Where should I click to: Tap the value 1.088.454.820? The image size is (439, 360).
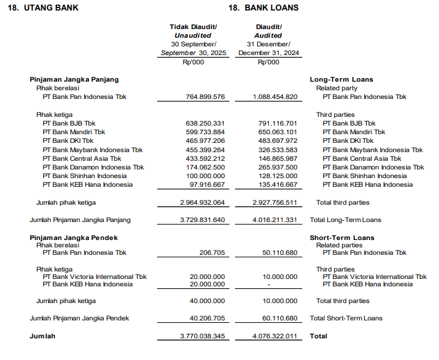point(275,97)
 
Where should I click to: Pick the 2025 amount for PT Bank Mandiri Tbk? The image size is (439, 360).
point(205,132)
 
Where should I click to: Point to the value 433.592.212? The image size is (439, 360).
point(205,158)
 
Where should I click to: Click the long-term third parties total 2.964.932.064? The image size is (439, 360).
point(202,203)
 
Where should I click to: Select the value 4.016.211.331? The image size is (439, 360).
point(275,220)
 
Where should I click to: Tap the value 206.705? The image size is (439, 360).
point(212,253)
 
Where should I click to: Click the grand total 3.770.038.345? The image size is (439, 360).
point(202,336)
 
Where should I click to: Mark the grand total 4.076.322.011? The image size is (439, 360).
point(275,336)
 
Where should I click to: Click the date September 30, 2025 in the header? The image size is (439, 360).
point(194,53)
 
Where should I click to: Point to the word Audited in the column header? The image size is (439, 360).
point(268,35)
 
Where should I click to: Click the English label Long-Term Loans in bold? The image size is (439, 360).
point(341,80)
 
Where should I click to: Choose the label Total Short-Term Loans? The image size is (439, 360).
point(346,319)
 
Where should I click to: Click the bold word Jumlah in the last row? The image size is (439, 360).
point(43,336)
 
